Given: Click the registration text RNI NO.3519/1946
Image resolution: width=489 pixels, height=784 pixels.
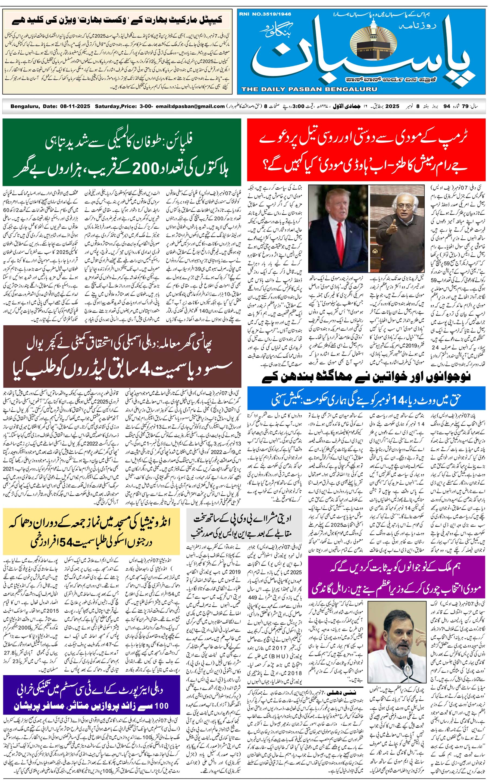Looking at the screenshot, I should tap(265, 14).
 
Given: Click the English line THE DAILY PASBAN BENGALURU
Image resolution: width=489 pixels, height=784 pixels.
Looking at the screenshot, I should tap(309, 89).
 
